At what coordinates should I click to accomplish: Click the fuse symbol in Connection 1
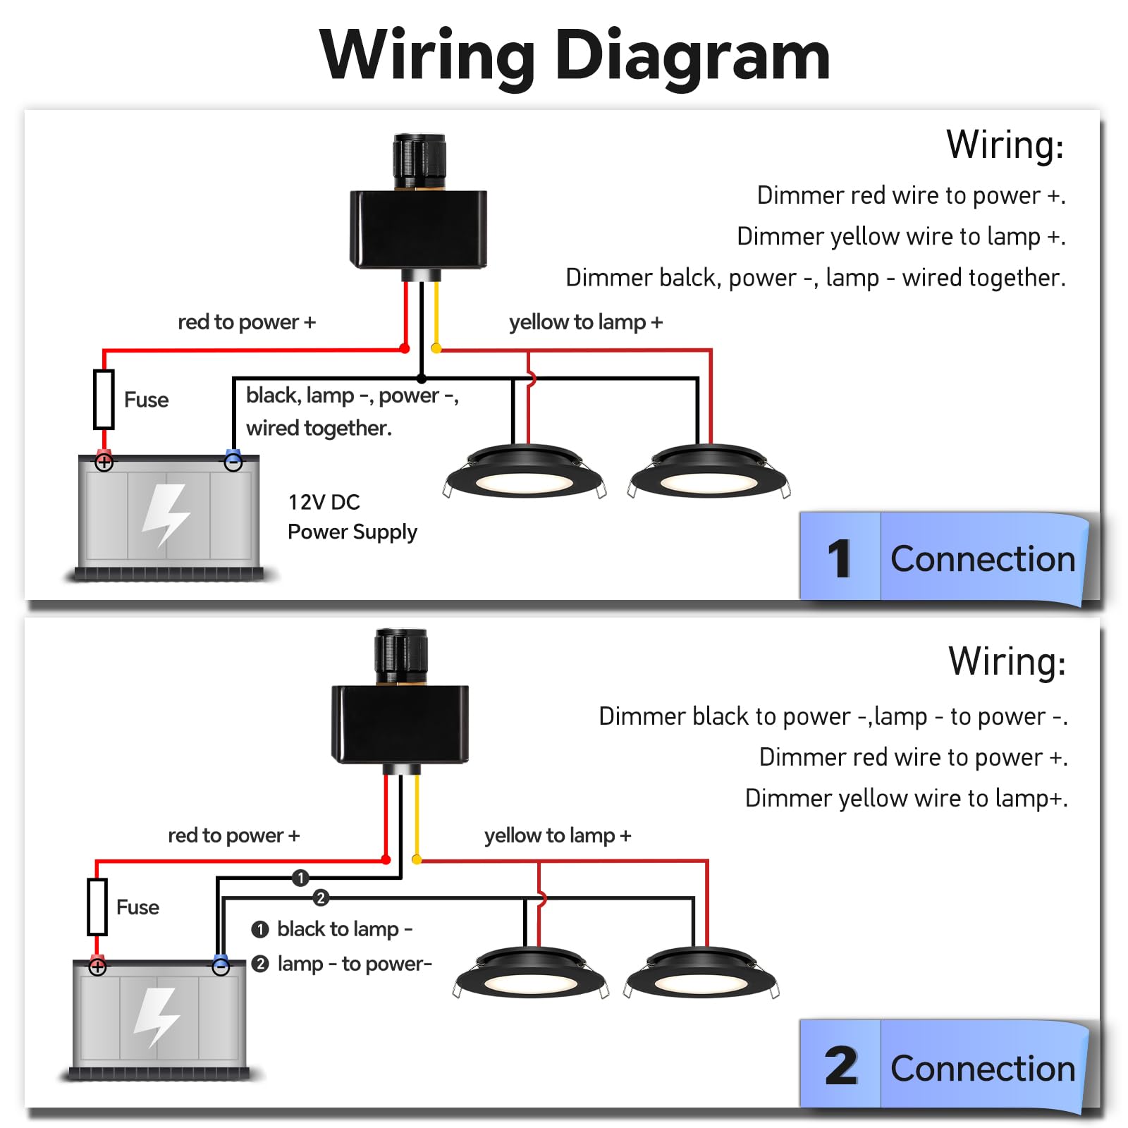pos(104,400)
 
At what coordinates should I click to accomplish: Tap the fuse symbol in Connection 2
pos(97,907)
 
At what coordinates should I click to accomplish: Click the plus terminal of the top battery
pos(104,462)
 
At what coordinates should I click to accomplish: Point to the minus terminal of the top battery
pos(233,462)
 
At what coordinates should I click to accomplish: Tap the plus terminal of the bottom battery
pos(97,967)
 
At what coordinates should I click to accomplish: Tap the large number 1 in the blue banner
pos(840,558)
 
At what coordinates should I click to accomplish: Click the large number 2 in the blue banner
pos(841,1066)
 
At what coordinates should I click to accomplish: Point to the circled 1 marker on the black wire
pos(300,878)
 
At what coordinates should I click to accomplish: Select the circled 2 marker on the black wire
pos(321,897)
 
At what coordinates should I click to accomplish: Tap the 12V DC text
pos(324,502)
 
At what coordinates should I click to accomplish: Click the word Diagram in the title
pos(692,56)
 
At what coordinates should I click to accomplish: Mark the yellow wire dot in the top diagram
pos(436,348)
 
